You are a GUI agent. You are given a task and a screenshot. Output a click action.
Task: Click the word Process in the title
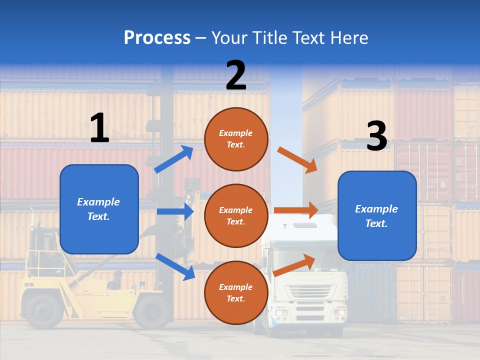[157, 38]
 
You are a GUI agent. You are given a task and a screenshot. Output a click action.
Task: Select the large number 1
[99, 128]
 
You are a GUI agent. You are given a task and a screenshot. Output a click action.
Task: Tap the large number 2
[236, 75]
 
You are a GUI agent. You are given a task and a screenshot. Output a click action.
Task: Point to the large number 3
[376, 136]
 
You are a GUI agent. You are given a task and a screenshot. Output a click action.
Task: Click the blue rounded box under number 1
[99, 209]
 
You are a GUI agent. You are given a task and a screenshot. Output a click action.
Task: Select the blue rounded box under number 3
[377, 215]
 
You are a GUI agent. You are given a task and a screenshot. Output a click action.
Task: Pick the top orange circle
[236, 139]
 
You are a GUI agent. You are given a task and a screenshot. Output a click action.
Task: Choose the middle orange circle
[236, 215]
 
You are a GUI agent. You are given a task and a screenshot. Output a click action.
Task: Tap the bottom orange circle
[236, 292]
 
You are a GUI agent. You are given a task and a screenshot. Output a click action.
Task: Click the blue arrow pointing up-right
[173, 159]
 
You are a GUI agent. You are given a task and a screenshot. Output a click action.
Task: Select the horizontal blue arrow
[175, 211]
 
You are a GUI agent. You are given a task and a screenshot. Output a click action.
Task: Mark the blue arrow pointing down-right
[175, 266]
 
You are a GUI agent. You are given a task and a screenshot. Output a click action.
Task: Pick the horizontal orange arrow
[296, 210]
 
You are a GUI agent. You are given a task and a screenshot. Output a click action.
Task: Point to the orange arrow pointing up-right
[294, 264]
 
